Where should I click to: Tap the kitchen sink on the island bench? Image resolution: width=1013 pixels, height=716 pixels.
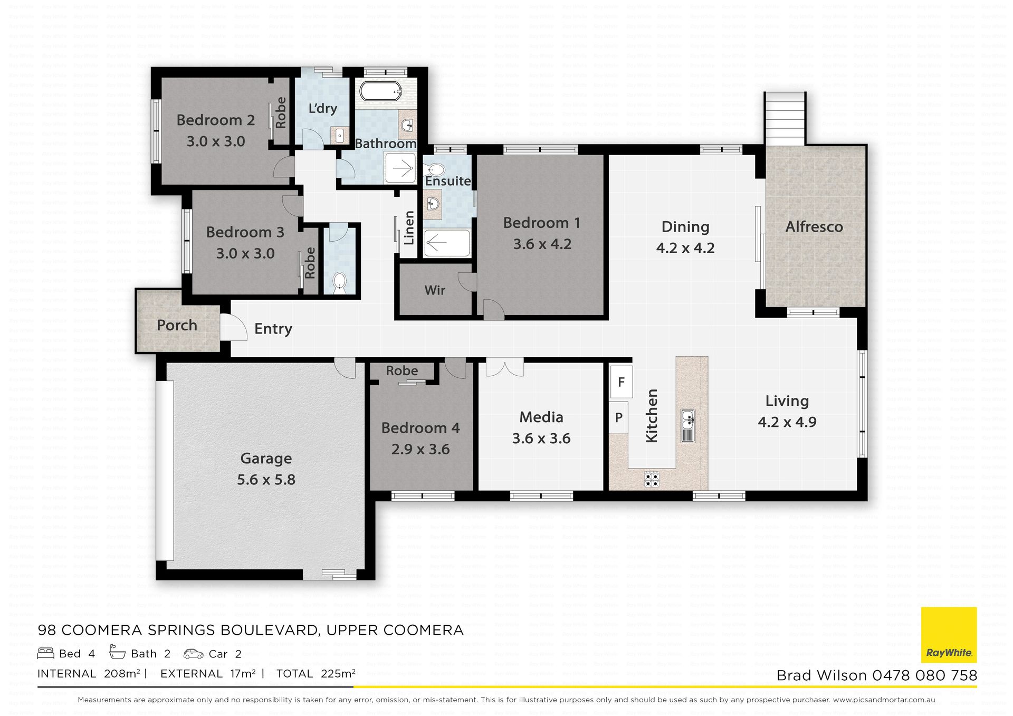pyautogui.click(x=687, y=426)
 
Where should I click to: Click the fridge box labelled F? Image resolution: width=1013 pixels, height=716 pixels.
pyautogui.click(x=622, y=381)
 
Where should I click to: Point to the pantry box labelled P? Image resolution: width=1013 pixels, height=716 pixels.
pyautogui.click(x=618, y=417)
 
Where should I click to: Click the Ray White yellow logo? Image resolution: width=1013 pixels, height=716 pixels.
pyautogui.click(x=949, y=635)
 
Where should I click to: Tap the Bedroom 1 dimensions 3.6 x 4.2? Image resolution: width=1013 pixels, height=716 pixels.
pyautogui.click(x=542, y=244)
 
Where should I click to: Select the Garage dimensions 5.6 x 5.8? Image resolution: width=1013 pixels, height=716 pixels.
pyautogui.click(x=266, y=480)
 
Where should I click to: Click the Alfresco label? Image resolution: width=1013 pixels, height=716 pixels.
pyautogui.click(x=814, y=227)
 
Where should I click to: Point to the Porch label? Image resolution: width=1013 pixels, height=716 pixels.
pyautogui.click(x=177, y=325)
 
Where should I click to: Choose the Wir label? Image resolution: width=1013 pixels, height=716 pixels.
pyautogui.click(x=435, y=290)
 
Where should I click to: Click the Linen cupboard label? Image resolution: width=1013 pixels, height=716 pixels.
pyautogui.click(x=409, y=228)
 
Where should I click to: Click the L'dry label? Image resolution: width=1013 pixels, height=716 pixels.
pyautogui.click(x=322, y=109)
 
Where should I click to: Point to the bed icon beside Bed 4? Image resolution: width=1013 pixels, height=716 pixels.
pyautogui.click(x=46, y=654)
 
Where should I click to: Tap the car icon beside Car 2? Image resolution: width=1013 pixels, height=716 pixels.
pyautogui.click(x=194, y=654)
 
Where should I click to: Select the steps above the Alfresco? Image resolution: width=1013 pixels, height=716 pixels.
pyautogui.click(x=786, y=118)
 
